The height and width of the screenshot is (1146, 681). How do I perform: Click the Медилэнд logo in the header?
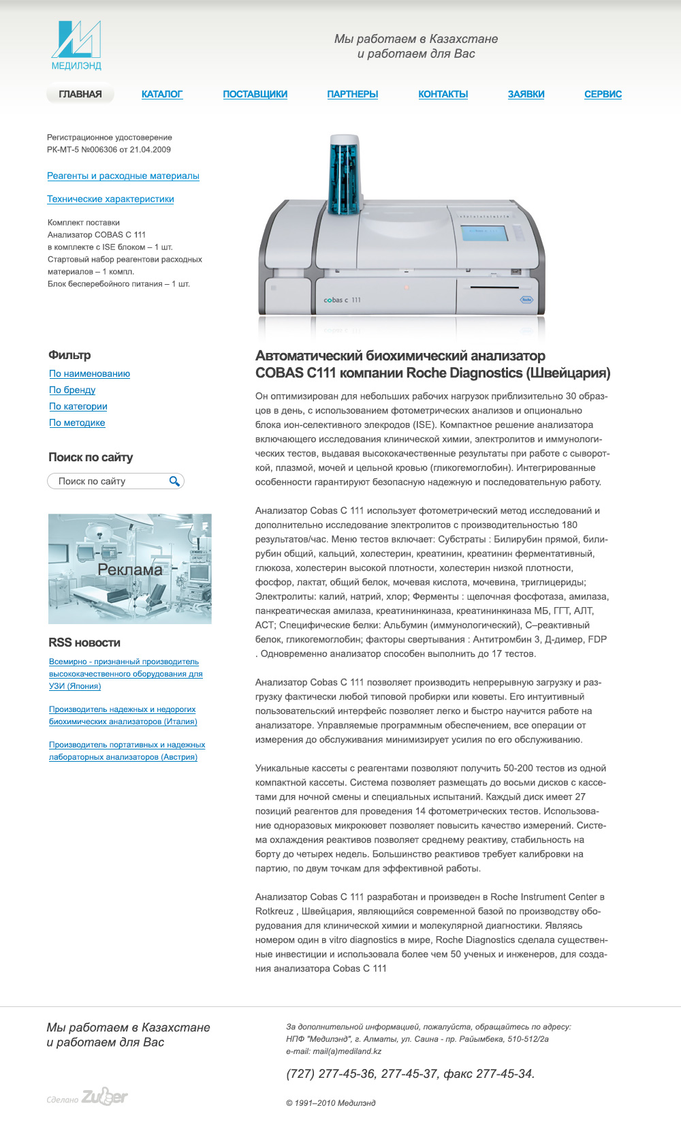tap(76, 45)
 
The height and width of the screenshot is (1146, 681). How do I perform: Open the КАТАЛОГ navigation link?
tap(162, 94)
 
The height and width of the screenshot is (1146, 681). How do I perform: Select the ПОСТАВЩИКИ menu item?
tap(255, 94)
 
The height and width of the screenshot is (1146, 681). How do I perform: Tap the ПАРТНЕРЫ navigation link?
tap(353, 94)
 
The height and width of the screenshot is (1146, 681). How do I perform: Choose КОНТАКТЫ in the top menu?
tap(443, 94)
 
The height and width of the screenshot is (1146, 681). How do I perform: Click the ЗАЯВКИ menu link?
tap(526, 94)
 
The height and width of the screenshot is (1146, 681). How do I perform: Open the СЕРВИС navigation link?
tap(603, 94)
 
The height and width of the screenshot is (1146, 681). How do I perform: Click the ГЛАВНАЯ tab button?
tap(80, 94)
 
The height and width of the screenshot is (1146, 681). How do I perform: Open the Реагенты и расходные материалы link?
tap(123, 176)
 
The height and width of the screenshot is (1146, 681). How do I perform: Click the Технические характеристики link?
tap(110, 199)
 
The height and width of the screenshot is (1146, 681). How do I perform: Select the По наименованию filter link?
tap(89, 373)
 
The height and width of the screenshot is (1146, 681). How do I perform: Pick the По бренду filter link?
tap(72, 390)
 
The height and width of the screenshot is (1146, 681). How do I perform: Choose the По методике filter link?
tap(77, 422)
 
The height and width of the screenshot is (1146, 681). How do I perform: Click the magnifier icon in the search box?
tap(174, 481)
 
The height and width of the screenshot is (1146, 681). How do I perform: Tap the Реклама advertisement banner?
tap(130, 569)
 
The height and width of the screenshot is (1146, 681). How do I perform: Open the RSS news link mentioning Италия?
tap(123, 715)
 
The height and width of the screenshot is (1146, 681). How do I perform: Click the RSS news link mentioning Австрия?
tap(127, 751)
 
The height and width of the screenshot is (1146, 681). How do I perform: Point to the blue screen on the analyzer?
tap(484, 232)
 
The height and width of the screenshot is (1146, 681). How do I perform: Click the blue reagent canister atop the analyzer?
tap(344, 174)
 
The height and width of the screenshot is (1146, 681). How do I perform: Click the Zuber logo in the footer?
tap(104, 1096)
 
